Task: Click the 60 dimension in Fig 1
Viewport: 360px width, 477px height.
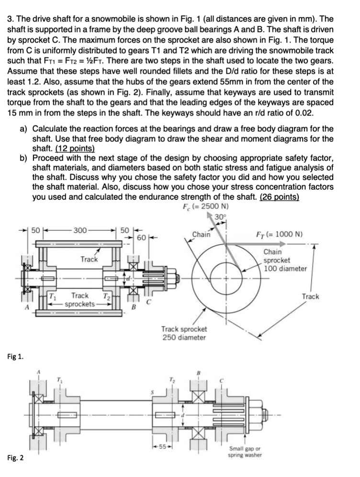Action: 141,237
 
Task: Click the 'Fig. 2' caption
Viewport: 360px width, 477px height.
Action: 17,458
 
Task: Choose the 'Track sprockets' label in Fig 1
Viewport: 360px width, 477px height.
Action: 79,300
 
